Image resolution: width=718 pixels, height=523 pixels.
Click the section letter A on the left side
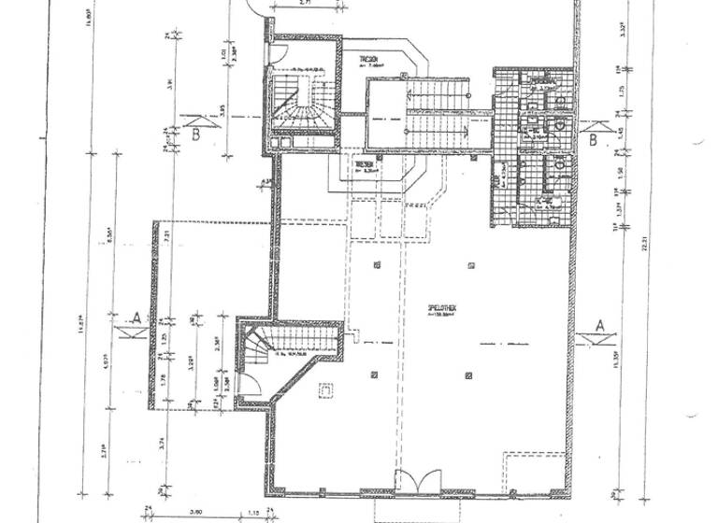point(136,318)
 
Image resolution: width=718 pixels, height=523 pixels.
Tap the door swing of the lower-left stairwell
point(248,383)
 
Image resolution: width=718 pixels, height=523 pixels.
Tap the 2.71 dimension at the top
point(304,5)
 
